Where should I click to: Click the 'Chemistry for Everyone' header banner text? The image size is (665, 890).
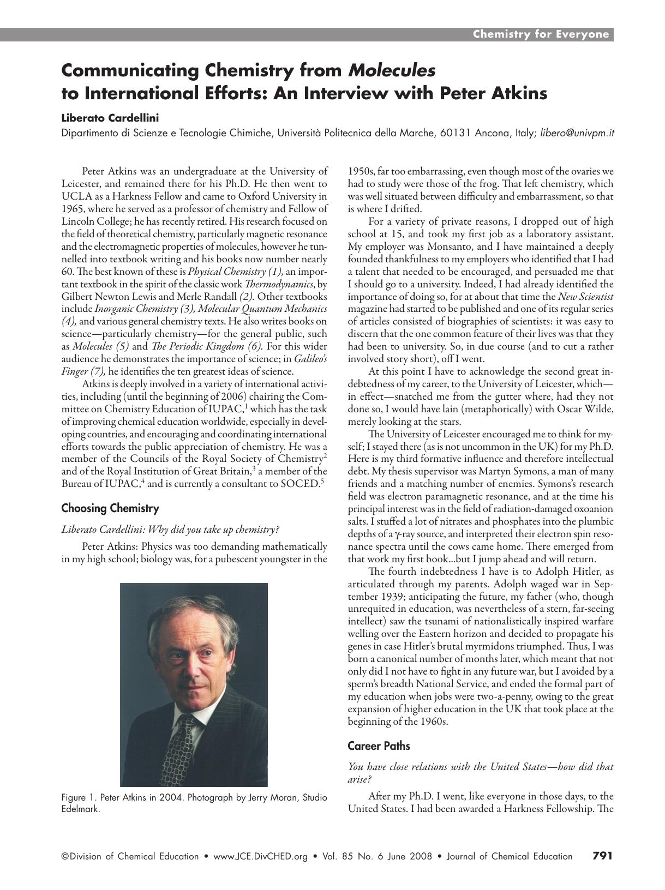540,34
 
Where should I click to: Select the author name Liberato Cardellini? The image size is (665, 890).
110,117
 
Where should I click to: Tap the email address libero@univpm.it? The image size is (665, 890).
577,133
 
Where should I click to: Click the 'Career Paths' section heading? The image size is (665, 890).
379,745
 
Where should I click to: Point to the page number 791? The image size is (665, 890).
602,856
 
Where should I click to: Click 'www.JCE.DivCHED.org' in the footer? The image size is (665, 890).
261,856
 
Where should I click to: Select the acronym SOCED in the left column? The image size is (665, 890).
301,483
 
